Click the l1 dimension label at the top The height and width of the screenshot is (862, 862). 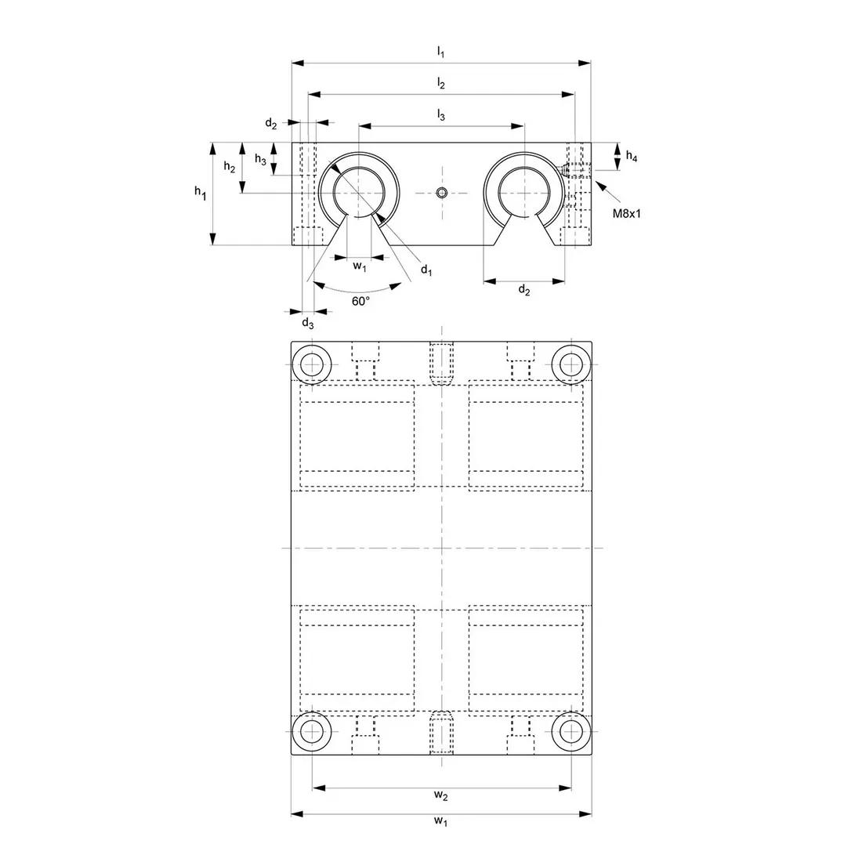(440, 53)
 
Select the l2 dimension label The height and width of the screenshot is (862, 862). (440, 84)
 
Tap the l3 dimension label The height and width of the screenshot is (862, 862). (440, 115)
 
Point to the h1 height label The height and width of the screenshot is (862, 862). (200, 193)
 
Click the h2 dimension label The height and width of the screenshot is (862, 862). (230, 166)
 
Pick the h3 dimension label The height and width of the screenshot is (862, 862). (261, 159)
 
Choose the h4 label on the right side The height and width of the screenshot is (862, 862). (632, 156)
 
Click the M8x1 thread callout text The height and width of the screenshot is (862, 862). (627, 213)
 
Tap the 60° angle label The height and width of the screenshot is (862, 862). (360, 301)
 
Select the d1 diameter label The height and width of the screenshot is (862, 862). (426, 270)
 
